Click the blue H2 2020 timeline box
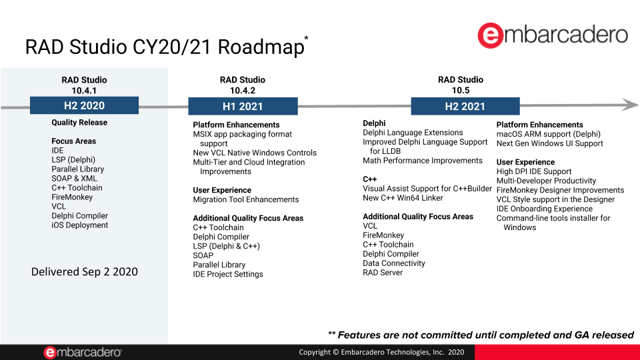[84, 105]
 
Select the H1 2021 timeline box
[242, 107]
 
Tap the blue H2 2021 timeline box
[465, 107]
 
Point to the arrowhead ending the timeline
[630, 104]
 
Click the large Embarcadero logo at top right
[553, 35]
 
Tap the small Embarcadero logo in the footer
[83, 352]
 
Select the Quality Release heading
[79, 123]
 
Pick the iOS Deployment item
[79, 225]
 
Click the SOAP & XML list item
[74, 179]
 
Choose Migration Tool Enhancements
[245, 199]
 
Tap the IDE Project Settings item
[227, 274]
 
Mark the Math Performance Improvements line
[422, 161]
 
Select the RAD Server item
[383, 273]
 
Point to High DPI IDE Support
[533, 171]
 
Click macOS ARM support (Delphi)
[548, 134]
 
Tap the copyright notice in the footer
[381, 352]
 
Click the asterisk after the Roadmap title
[306, 39]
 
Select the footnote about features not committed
[481, 335]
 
